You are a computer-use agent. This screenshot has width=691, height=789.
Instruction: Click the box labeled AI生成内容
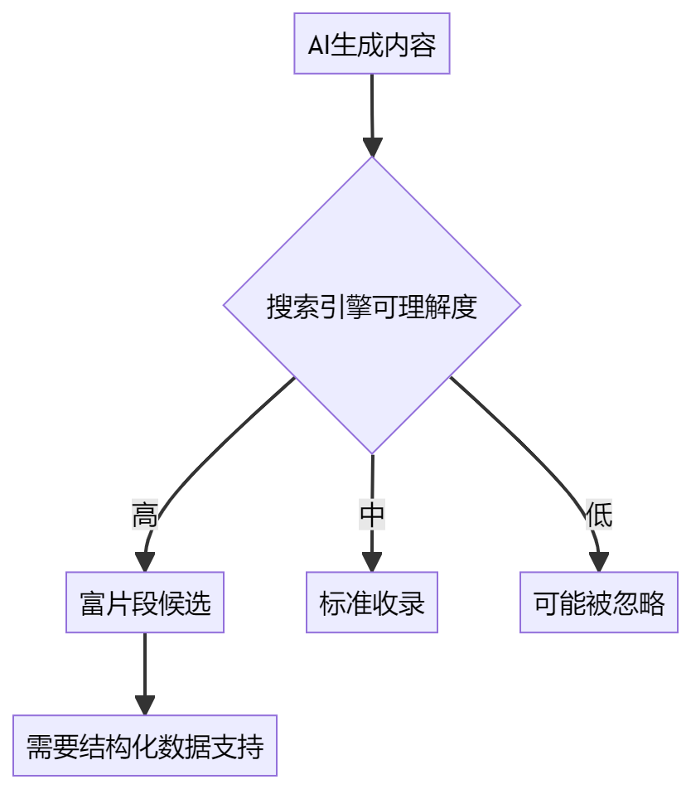click(372, 44)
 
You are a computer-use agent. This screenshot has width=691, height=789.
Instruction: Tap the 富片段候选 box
click(145, 603)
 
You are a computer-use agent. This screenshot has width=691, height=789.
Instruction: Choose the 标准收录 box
click(372, 603)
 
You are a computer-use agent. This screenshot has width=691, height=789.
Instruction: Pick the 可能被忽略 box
click(599, 603)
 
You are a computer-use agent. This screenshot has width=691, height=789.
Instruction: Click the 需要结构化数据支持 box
click(145, 746)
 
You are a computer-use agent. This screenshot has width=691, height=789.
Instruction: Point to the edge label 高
click(145, 516)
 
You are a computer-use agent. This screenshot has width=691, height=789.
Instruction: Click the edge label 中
click(372, 516)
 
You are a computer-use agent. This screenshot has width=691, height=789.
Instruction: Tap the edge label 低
click(599, 516)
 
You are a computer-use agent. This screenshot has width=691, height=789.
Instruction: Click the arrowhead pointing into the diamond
click(372, 147)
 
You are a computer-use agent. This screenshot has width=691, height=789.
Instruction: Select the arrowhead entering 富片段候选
click(145, 562)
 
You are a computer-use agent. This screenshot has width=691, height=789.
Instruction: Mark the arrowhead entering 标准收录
click(372, 562)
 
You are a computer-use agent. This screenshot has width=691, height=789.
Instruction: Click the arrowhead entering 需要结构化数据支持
click(145, 705)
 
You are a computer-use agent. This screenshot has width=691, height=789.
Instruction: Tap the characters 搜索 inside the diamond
click(292, 307)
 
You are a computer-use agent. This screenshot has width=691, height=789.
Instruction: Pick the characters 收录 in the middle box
click(399, 603)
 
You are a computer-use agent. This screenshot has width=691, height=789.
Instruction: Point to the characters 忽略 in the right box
click(638, 603)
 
